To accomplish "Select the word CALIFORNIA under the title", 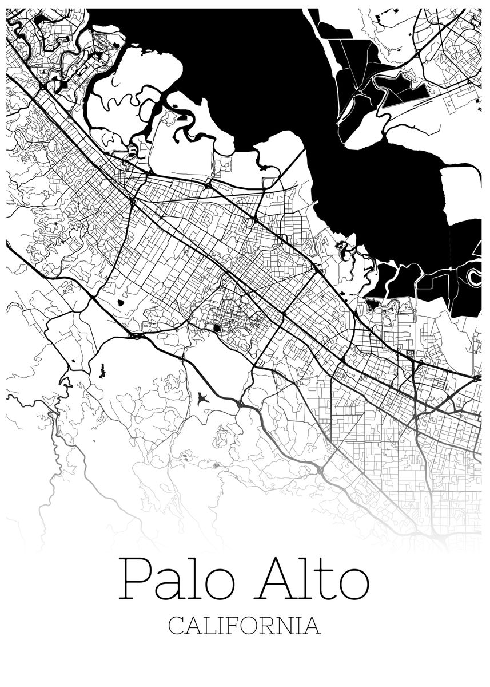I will coord(245,625).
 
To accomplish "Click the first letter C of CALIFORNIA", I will coord(176,625).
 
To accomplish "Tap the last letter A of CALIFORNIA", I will coord(313,625).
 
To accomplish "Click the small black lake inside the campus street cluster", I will coord(217,328).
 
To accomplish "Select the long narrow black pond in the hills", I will coord(102,371).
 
